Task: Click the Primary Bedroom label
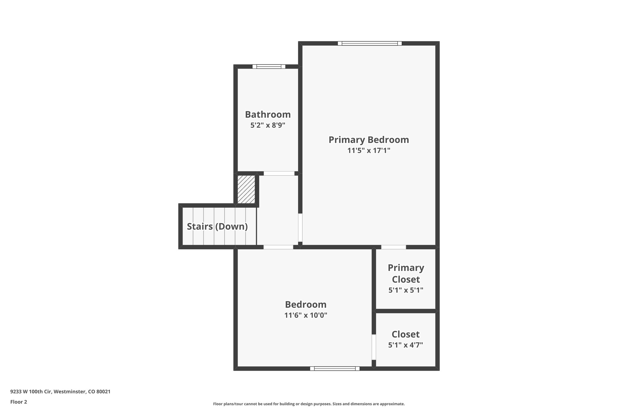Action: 368,140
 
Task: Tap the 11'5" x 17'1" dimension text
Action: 368,151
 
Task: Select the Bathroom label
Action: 268,115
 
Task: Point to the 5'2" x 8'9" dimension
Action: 268,125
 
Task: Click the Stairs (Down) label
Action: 217,227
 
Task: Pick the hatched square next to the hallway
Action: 246,190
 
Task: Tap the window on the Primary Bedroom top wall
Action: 370,43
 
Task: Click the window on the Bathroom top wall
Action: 269,67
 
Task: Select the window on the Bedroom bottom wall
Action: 335,369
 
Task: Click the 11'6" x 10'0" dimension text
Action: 306,315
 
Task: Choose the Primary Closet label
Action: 406,273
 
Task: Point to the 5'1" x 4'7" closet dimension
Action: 406,345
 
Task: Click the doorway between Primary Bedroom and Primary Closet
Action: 393,247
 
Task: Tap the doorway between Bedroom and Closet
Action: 374,347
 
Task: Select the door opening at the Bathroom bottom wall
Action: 279,174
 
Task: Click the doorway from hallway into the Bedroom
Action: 278,247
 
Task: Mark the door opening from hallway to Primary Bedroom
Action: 300,228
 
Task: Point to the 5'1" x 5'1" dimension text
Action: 406,290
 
